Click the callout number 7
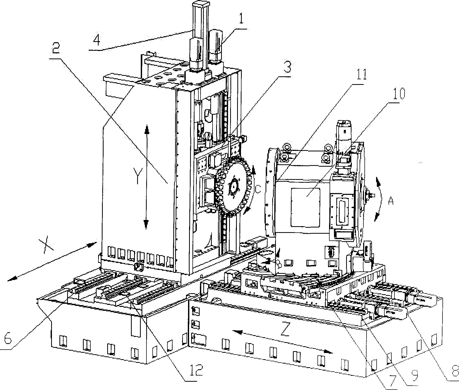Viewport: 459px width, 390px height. tap(392, 380)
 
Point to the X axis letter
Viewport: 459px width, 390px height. tap(46, 245)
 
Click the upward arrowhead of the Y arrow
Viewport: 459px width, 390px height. tap(147, 128)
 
